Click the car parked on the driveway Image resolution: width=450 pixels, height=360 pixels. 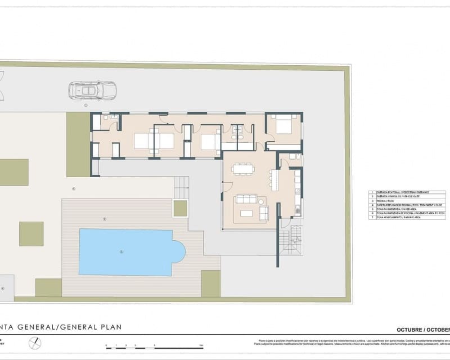92,90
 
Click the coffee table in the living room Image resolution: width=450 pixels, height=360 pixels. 246,213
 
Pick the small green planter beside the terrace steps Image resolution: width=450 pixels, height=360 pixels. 181,208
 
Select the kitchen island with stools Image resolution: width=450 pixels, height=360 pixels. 274,179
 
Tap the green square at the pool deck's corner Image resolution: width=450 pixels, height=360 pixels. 211,283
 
